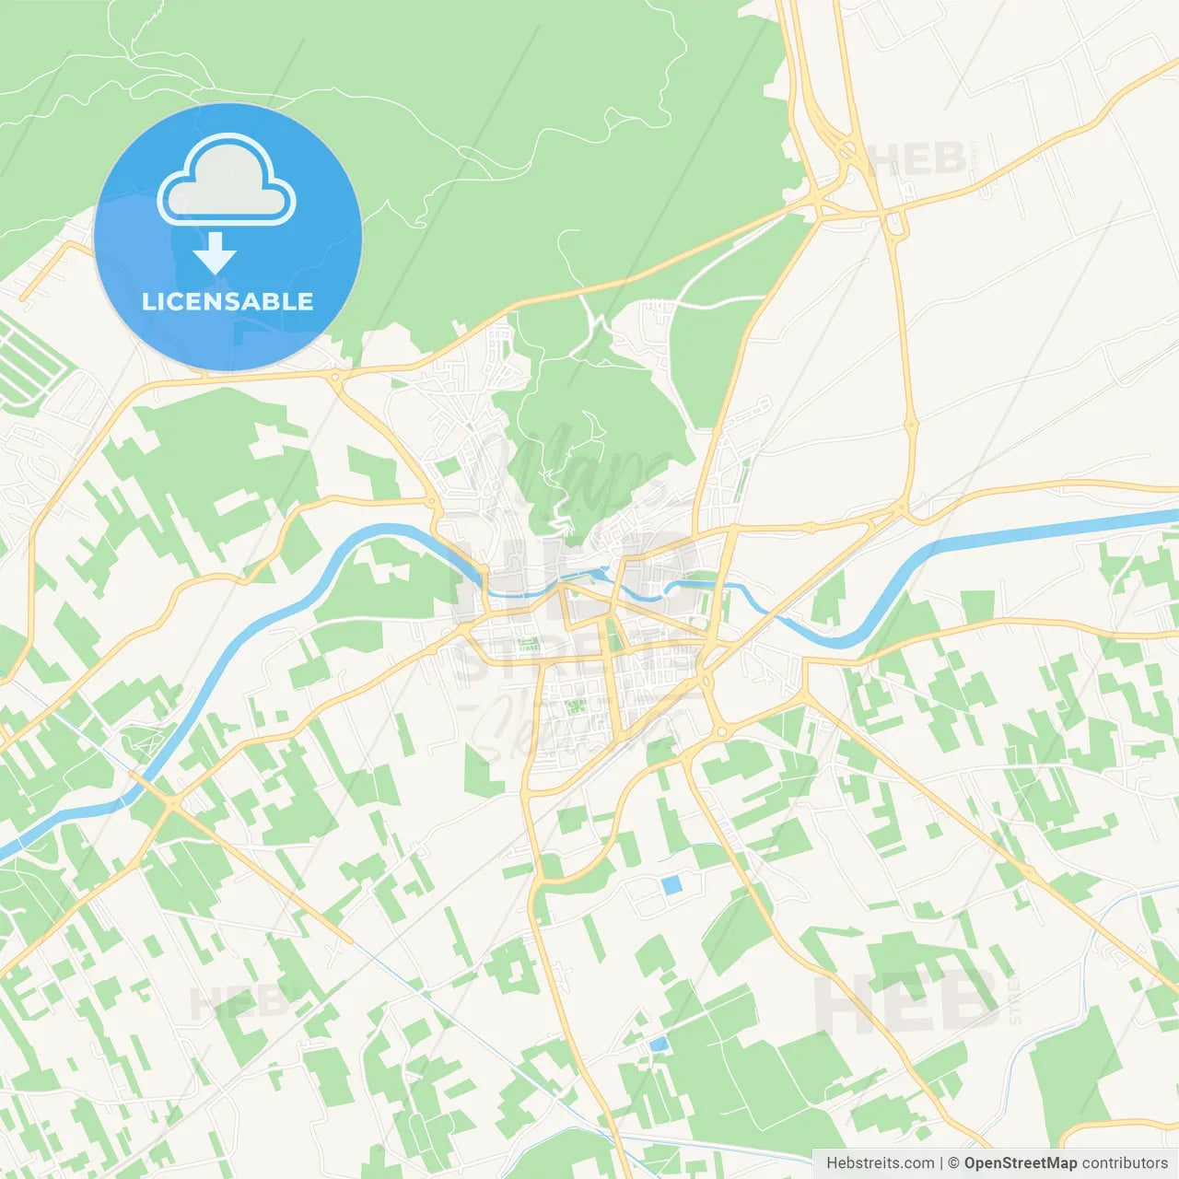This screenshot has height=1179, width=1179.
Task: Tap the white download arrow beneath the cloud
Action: [215, 253]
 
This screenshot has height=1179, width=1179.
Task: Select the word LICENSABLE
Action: [228, 301]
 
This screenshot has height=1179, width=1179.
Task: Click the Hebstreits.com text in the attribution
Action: [880, 1163]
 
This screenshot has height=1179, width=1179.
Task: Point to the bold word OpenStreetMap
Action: [1020, 1163]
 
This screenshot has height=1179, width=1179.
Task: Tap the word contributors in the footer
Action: [1125, 1163]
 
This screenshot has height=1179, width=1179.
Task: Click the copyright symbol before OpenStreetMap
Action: [953, 1163]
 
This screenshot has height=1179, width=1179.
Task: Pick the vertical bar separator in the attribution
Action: [941, 1163]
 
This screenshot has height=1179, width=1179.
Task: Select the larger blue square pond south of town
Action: [671, 885]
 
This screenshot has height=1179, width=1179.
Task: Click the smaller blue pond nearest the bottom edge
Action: [658, 1045]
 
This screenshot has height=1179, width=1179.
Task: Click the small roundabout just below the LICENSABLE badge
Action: [335, 376]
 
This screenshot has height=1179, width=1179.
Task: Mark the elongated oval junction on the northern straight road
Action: [911, 426]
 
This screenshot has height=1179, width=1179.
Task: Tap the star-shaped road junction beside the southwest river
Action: [171, 804]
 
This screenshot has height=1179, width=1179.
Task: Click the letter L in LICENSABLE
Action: [148, 301]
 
